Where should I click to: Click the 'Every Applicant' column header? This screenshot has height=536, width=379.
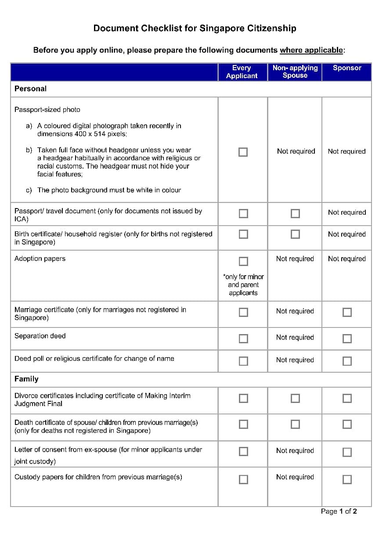tap(242, 72)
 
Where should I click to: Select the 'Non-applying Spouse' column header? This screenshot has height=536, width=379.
tap(295, 72)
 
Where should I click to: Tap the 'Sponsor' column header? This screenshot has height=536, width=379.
tap(347, 68)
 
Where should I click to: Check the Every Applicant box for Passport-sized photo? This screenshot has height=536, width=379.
tap(243, 152)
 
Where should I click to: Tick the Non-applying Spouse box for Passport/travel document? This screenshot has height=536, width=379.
tap(296, 213)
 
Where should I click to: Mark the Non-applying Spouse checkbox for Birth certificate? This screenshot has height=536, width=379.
tap(296, 234)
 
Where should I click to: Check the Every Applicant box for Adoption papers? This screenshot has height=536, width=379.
tap(243, 262)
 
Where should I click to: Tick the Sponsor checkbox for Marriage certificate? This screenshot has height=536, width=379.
tap(347, 312)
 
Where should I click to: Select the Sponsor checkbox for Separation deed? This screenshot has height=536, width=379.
tap(347, 338)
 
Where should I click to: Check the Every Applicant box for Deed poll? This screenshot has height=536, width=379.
tap(243, 361)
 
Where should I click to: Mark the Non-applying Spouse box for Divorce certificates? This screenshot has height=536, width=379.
tap(296, 398)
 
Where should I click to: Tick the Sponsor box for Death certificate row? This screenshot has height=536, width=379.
tap(347, 424)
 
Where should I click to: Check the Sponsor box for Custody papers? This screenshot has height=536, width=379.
tap(347, 479)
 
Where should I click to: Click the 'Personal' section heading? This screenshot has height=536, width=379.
tap(30, 89)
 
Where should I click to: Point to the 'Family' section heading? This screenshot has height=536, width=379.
tap(26, 379)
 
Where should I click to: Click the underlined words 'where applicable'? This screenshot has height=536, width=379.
tap(311, 50)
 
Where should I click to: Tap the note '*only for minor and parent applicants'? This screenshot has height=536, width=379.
tap(243, 285)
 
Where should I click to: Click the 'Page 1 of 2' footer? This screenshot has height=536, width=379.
tap(339, 511)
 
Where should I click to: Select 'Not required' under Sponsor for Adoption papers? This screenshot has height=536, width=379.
tap(347, 259)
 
